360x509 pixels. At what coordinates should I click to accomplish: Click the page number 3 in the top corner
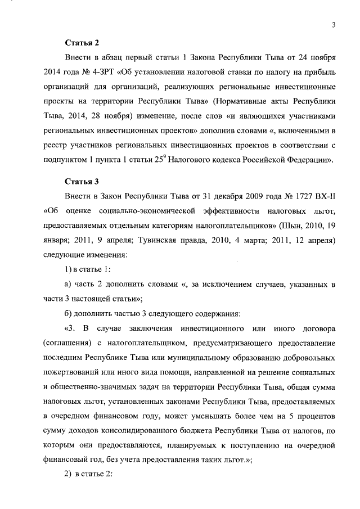point(334,24)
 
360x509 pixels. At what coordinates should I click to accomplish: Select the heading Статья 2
point(82,42)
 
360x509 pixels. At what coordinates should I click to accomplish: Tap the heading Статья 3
point(82,181)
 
